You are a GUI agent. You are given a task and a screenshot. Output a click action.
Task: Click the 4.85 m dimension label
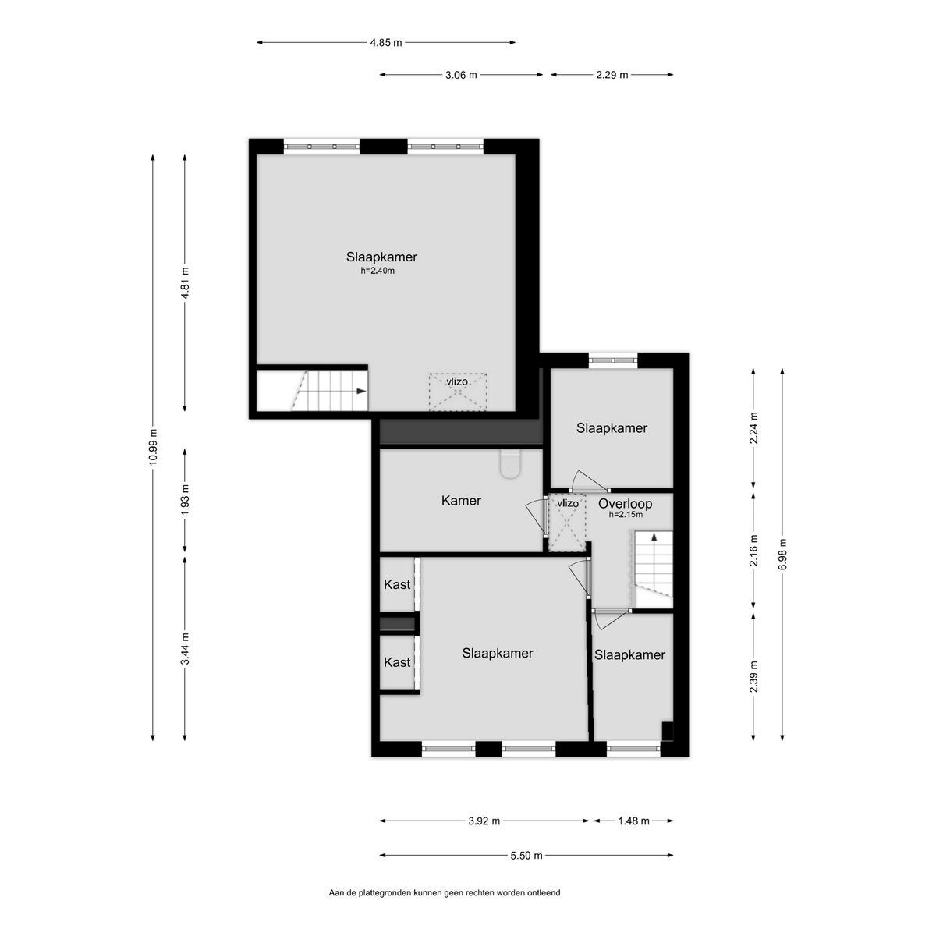[x=385, y=43]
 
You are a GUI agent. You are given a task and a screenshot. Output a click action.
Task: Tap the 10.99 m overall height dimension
[x=153, y=447]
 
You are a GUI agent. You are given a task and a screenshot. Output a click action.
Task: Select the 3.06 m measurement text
[x=461, y=75]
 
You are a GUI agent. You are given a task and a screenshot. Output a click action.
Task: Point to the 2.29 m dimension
[x=612, y=75]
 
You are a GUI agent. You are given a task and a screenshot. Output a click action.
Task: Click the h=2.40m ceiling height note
[x=378, y=271]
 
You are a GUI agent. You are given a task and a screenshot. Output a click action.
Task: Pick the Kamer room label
[x=461, y=500]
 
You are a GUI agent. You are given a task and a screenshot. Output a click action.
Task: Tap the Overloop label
[x=625, y=504]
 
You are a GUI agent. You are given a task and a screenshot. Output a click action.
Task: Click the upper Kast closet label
[x=397, y=584]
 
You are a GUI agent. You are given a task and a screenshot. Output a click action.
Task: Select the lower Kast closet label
[x=397, y=662]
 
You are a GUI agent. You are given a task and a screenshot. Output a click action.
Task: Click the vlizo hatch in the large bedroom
[x=458, y=392]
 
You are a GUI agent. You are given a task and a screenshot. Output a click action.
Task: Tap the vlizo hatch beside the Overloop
[x=567, y=523]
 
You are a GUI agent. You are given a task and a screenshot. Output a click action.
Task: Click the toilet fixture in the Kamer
[x=510, y=464]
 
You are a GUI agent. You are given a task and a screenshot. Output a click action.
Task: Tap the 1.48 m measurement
[x=633, y=821]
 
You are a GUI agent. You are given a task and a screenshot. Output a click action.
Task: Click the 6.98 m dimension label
[x=782, y=555]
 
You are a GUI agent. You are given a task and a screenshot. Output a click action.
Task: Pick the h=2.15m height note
[x=626, y=515]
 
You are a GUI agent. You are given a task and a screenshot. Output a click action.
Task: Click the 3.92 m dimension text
[x=484, y=821]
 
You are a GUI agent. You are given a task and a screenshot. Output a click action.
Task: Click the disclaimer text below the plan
[x=445, y=906]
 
